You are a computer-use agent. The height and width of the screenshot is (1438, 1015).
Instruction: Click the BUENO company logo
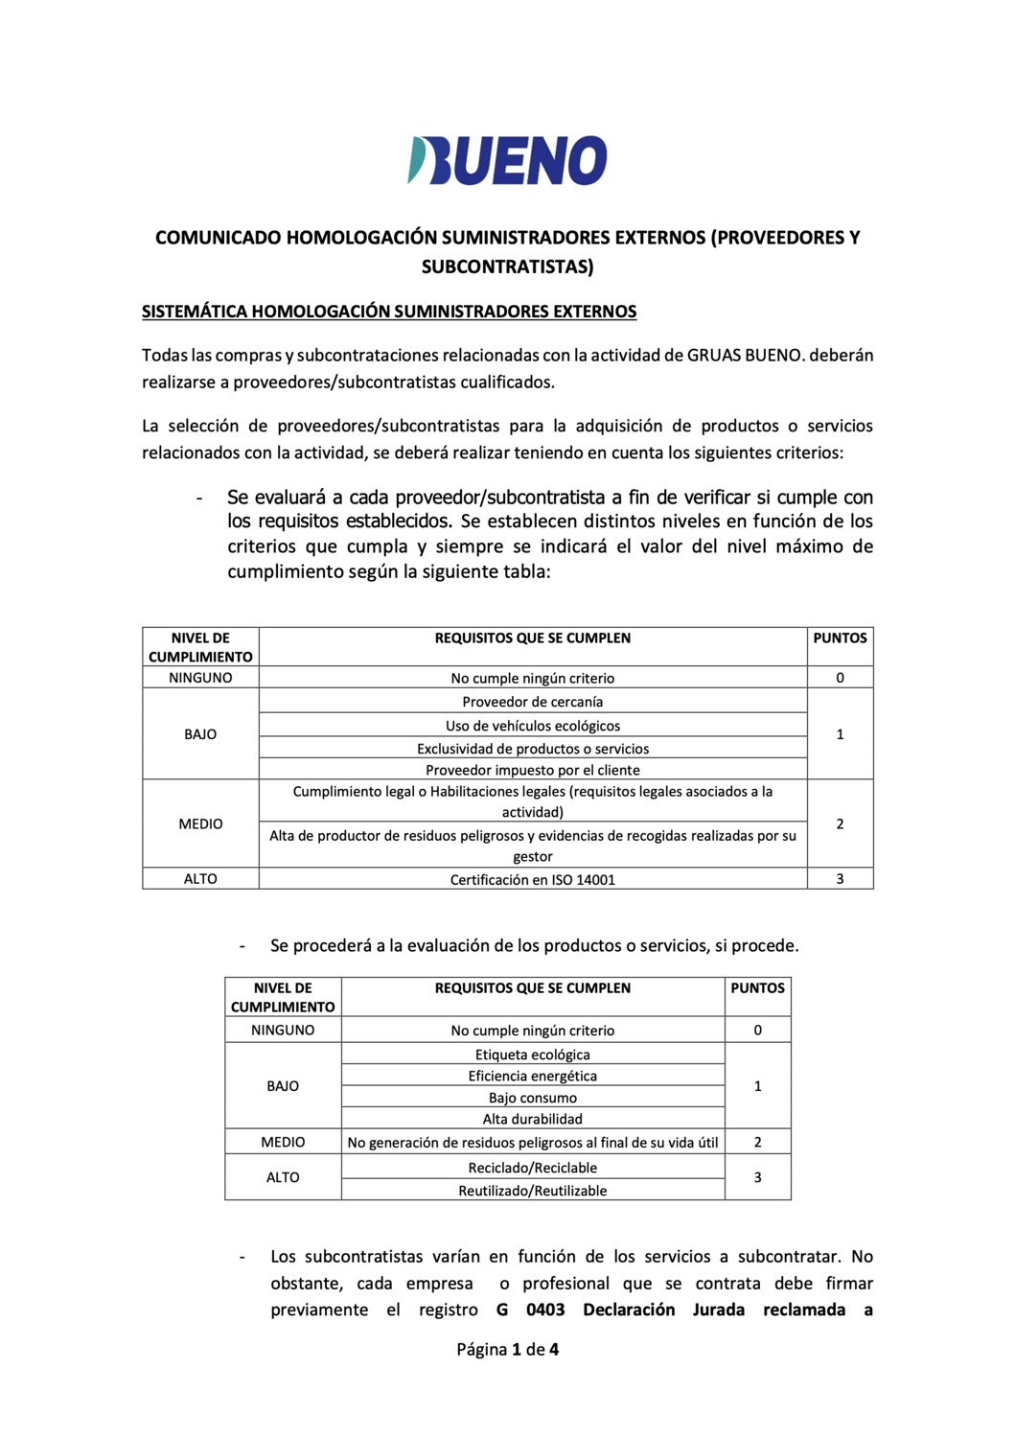point(507,160)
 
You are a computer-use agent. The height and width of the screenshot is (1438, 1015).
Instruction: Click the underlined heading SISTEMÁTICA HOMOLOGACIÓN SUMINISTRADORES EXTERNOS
point(389,312)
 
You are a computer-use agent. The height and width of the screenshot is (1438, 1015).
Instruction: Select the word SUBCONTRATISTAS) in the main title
point(507,267)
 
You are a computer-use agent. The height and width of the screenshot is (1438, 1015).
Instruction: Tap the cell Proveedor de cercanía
point(532,702)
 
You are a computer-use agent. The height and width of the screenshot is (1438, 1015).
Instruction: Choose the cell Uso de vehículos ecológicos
point(532,726)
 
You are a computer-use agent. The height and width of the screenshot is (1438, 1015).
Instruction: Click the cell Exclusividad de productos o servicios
point(532,749)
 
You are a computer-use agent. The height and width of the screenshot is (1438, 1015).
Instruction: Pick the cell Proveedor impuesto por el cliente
point(532,770)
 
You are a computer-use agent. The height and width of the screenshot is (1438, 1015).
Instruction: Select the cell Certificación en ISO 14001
point(532,879)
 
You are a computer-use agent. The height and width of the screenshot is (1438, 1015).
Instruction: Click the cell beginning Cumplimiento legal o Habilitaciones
point(532,801)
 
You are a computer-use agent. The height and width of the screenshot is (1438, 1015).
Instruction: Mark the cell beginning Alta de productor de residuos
point(532,846)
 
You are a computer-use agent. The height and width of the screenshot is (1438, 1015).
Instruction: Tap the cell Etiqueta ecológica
point(532,1055)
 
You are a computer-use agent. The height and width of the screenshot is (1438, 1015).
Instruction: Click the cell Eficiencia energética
point(532,1076)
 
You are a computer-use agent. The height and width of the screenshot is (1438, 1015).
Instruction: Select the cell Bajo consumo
point(532,1098)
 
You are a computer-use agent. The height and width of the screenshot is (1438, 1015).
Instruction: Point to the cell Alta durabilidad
point(532,1119)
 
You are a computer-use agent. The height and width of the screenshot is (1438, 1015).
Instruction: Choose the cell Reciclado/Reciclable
point(532,1168)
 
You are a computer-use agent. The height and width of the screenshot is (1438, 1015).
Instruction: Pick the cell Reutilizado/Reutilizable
point(532,1191)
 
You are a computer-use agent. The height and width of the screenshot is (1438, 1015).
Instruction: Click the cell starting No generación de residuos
point(532,1143)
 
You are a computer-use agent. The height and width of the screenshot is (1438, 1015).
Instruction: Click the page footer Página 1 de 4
point(507,1350)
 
